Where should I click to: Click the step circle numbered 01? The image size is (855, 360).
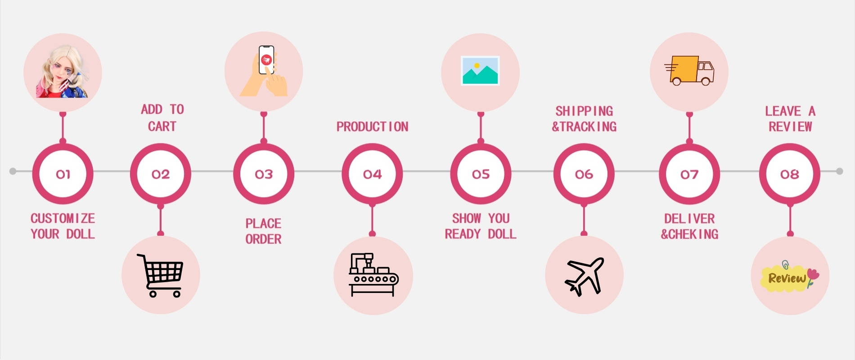pos(63,174)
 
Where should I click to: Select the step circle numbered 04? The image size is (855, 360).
pos(372,174)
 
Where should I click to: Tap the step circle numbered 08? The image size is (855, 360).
pos(789,174)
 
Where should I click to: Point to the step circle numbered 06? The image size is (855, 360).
pos(584,174)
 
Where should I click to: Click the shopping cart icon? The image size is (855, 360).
pos(161,275)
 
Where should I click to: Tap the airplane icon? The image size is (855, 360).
pos(584,276)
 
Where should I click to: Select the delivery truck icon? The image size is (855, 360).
pos(689,71)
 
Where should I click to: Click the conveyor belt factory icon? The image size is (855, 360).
pos(373,275)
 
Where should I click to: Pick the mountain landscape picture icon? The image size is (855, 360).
pos(480,71)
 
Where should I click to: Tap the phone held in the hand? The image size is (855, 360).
pos(266,60)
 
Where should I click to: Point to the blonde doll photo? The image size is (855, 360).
pos(63,72)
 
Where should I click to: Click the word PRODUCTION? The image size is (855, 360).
pos(372,127)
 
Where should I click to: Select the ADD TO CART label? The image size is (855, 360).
pos(162,118)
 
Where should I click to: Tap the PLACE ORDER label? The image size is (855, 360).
pos(263,231)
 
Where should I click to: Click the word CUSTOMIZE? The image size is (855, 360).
pos(63,219)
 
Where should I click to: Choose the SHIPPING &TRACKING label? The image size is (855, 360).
pos(584,119)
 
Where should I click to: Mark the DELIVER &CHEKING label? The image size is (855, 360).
pos(689,226)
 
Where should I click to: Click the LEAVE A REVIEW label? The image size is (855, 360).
pos(790,119)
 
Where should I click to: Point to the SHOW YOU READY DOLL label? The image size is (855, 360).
pos(481,226)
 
